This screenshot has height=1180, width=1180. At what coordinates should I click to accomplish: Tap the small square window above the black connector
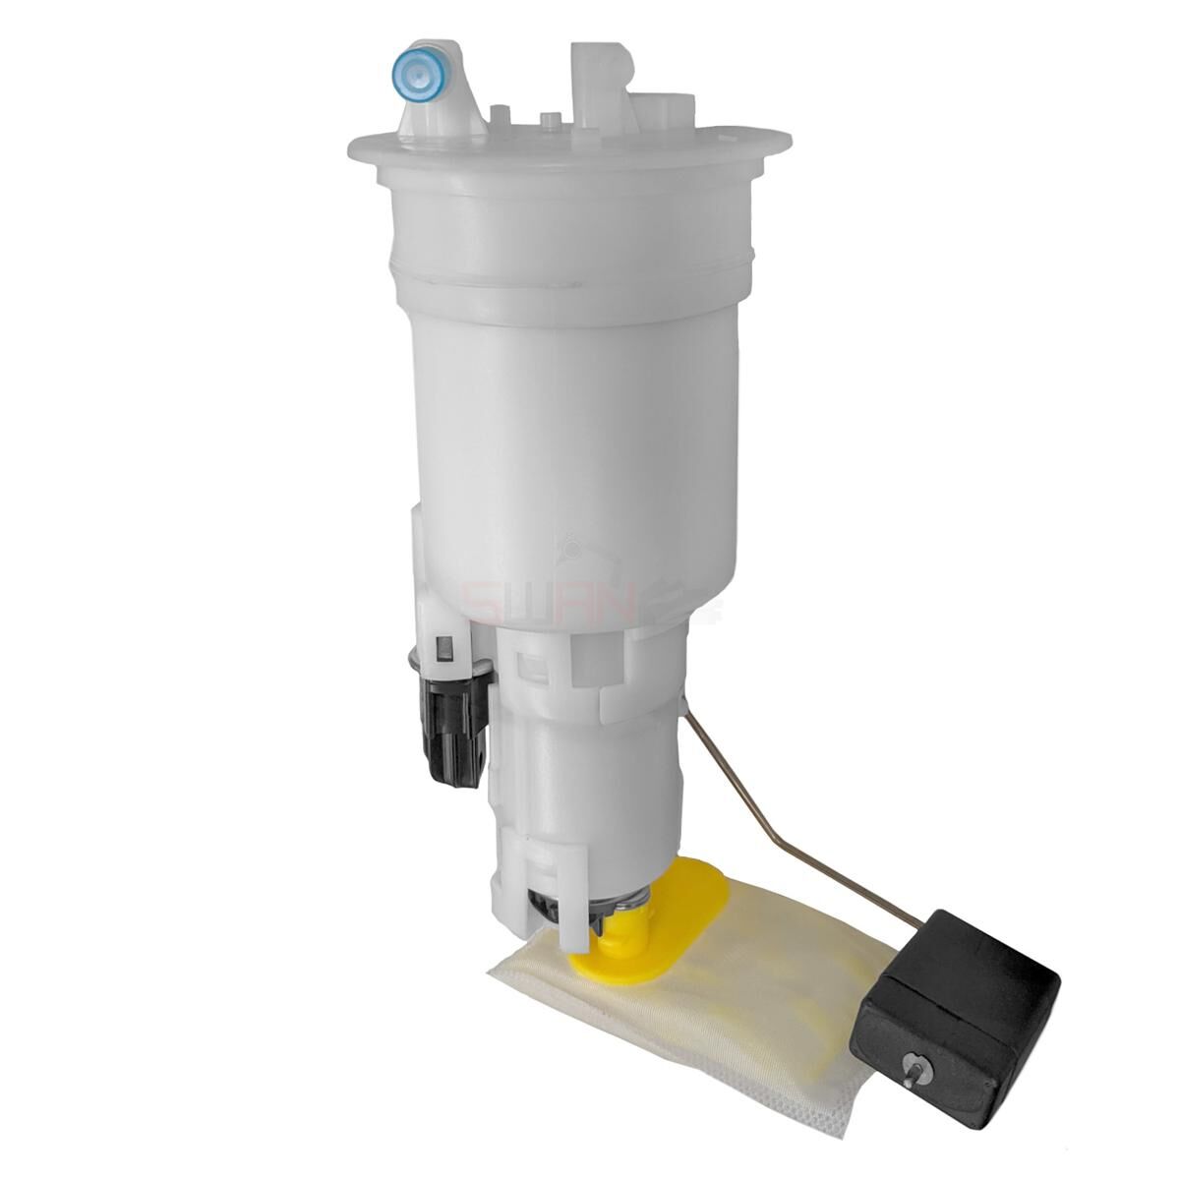(x=444, y=649)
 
